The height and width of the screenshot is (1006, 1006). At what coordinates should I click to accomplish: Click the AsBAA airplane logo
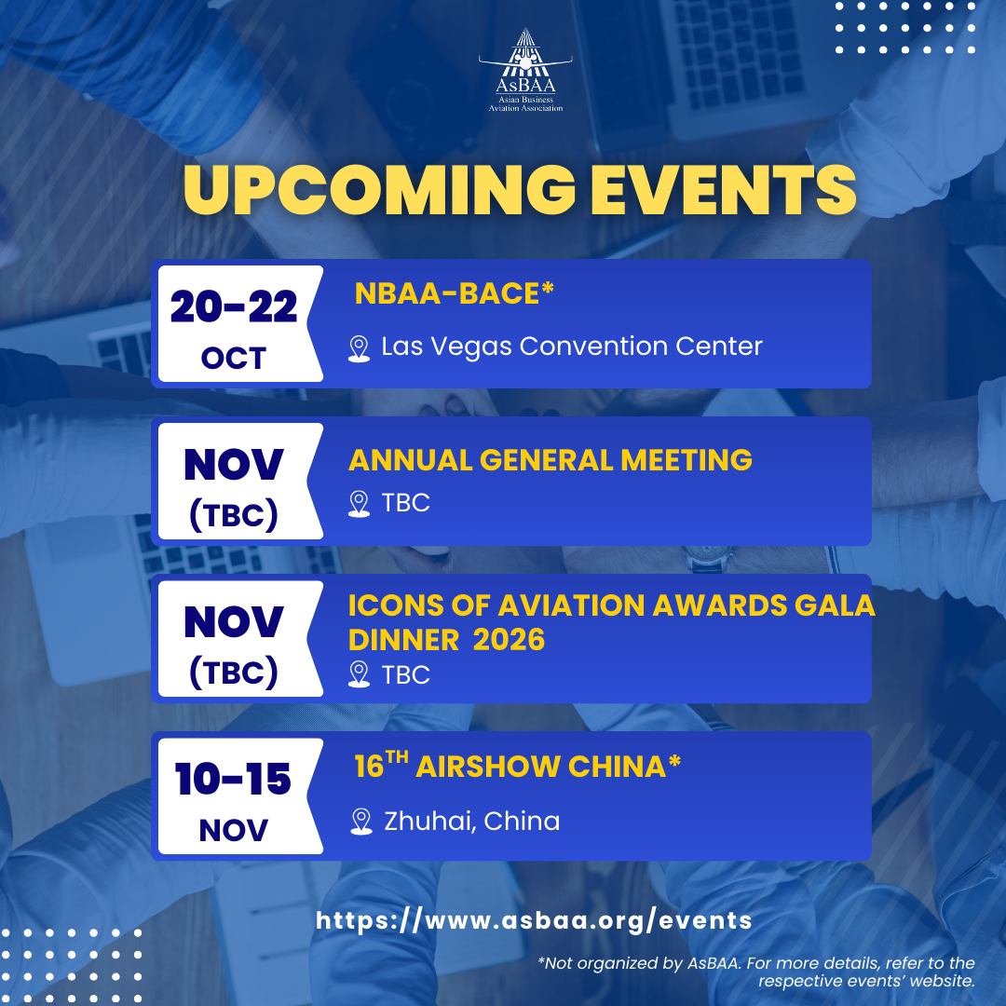pyautogui.click(x=525, y=70)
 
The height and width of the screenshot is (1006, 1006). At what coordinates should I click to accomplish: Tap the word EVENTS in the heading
pyautogui.click(x=723, y=189)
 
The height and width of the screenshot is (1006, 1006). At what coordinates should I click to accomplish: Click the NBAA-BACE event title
pyautogui.click(x=454, y=293)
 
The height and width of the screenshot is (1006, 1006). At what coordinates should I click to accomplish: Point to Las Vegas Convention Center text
pyautogui.click(x=572, y=347)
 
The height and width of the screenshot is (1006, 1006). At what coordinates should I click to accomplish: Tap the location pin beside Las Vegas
pyautogui.click(x=359, y=348)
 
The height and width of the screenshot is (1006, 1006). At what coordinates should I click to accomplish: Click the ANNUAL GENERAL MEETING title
pyautogui.click(x=550, y=460)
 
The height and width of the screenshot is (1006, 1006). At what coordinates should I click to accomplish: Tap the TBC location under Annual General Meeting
pyautogui.click(x=405, y=503)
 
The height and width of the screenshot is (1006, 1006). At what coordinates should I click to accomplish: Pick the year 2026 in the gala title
pyautogui.click(x=509, y=640)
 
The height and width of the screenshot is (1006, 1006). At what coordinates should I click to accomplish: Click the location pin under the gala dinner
pyautogui.click(x=359, y=674)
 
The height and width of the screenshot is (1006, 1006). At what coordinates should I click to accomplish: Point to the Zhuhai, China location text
pyautogui.click(x=471, y=822)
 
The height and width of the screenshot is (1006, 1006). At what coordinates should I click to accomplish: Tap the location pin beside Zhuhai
pyautogui.click(x=361, y=822)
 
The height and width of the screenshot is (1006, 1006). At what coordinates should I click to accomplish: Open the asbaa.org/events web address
pyautogui.click(x=534, y=920)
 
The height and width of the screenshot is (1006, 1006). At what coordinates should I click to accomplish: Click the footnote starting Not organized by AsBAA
pyautogui.click(x=756, y=972)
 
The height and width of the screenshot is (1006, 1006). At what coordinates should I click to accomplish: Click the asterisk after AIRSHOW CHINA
pyautogui.click(x=674, y=761)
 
